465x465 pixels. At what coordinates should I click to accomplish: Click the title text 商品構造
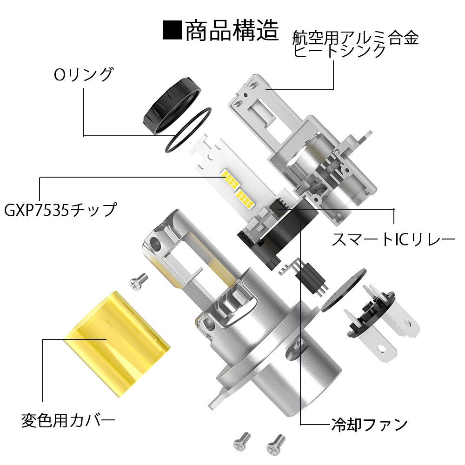(x=232, y=30)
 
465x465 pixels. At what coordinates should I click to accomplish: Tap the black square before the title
(x=172, y=30)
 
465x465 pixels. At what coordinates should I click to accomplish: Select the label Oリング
(x=84, y=74)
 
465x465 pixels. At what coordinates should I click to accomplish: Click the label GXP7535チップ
(x=60, y=210)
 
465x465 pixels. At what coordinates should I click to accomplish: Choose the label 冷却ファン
(x=369, y=425)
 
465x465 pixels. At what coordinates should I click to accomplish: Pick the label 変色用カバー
(x=68, y=420)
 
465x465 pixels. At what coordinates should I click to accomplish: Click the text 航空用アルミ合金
(x=355, y=38)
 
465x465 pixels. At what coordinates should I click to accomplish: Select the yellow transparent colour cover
(x=117, y=344)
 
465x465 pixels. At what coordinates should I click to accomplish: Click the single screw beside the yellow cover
(x=139, y=281)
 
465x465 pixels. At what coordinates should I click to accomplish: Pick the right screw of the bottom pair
(x=276, y=445)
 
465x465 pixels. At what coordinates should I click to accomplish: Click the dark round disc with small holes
(x=344, y=290)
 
